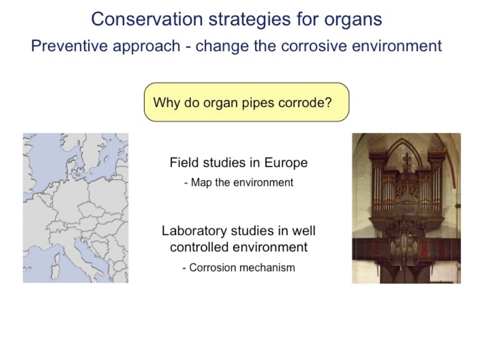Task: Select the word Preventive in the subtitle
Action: [x=69, y=46]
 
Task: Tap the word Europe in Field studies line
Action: [x=286, y=163]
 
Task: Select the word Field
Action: [x=184, y=162]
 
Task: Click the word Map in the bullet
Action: [x=201, y=183]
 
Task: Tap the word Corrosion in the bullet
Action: [x=212, y=268]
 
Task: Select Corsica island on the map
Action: [x=57, y=257]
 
